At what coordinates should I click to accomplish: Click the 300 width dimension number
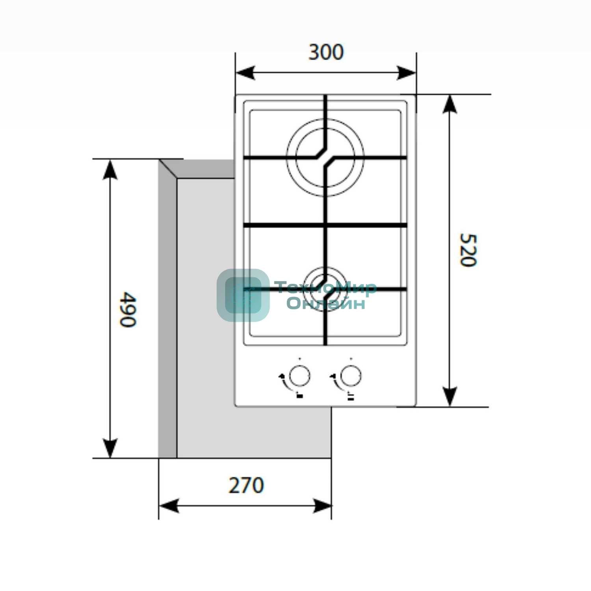coord(326,52)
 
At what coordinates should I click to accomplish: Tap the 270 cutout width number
coord(246,485)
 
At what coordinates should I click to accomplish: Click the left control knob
coord(299,376)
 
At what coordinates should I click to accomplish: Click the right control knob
coord(350,376)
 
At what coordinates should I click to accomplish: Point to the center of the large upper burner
coord(325,157)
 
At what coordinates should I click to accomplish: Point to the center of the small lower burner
coord(325,289)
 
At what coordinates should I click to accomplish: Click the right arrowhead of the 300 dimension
coord(406,73)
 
